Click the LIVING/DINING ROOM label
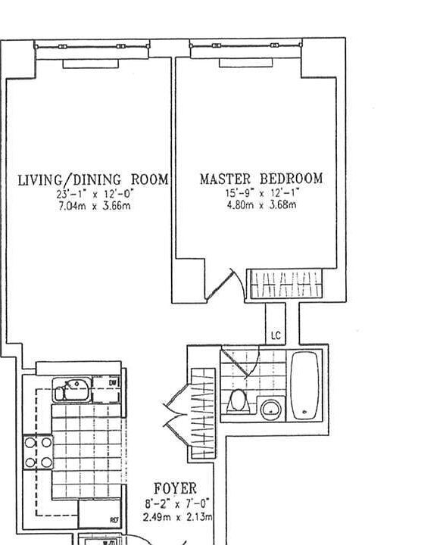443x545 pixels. coord(92,180)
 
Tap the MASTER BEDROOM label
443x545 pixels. coord(260,179)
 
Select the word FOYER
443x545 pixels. coord(175,489)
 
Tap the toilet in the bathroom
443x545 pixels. coord(238,400)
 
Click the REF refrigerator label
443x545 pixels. coord(114,520)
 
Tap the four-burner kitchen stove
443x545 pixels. coord(38,452)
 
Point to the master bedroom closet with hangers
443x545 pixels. coord(282,284)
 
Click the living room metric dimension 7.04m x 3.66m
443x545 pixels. coord(94,205)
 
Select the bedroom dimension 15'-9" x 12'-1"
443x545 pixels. coord(260,193)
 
